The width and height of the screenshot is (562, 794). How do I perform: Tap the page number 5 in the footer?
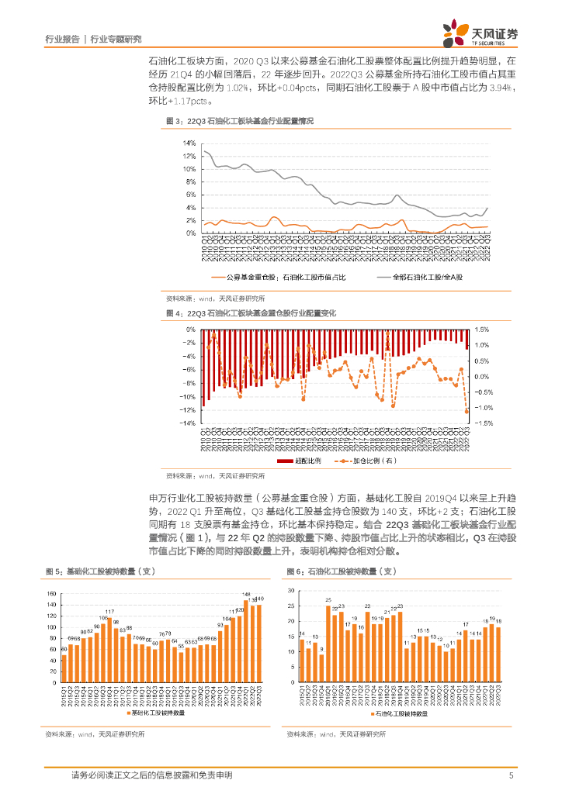511,775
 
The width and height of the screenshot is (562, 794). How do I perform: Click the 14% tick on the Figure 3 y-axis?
189,144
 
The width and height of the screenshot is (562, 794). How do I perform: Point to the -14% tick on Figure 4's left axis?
187,423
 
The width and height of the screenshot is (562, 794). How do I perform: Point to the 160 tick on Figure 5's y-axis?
51,594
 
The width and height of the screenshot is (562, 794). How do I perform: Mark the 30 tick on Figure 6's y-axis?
290,590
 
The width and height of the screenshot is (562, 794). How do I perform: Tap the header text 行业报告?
63,38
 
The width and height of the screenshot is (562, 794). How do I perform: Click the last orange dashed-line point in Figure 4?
467,412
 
